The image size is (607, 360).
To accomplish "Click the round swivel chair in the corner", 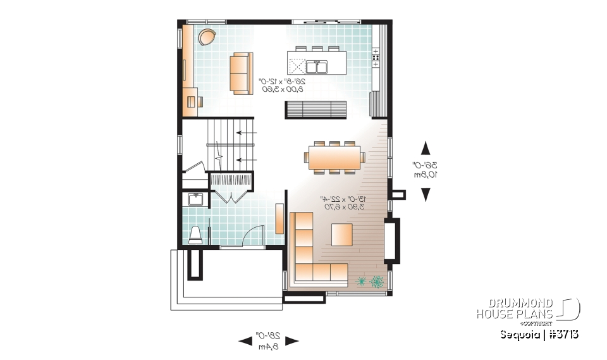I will pyautogui.click(x=205, y=37).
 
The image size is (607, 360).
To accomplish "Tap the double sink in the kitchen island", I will pyautogui.click(x=316, y=66).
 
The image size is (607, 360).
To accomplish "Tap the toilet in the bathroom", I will pyautogui.click(x=195, y=235).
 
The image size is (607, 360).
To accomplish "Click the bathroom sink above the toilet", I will pyautogui.click(x=195, y=201).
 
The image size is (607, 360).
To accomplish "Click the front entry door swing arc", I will pyautogui.click(x=253, y=234).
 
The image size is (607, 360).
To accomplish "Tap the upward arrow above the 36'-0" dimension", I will pyautogui.click(x=426, y=147).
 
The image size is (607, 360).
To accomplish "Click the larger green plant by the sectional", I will pyautogui.click(x=377, y=281).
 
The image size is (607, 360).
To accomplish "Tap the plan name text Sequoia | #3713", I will pyautogui.click(x=539, y=333).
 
